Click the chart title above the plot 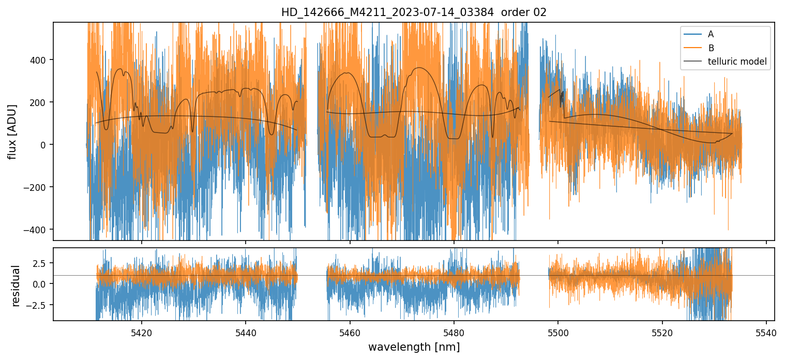[414, 12]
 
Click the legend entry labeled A [711, 34]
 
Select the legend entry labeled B [711, 48]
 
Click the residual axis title [16, 286]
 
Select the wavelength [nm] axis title [414, 347]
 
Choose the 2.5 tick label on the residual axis [41, 263]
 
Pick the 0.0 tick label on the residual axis [41, 284]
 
